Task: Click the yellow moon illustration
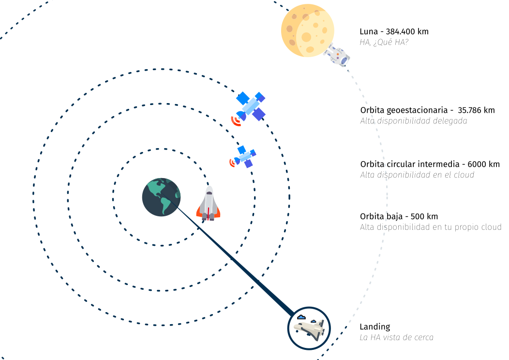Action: click(x=308, y=30)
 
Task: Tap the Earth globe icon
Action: click(x=161, y=197)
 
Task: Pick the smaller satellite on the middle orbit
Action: click(x=245, y=156)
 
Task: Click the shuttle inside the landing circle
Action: click(x=309, y=330)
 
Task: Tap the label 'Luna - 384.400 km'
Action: click(x=394, y=32)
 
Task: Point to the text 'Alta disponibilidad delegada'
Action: click(x=414, y=121)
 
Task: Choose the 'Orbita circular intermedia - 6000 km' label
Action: click(x=430, y=165)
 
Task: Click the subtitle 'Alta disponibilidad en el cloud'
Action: click(x=417, y=175)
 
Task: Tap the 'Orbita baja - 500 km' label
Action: click(x=399, y=216)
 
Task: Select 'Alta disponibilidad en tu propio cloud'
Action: click(x=431, y=227)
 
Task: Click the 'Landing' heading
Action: click(x=374, y=327)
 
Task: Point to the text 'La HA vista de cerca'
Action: click(x=396, y=338)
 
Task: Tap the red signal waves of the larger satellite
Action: click(x=236, y=121)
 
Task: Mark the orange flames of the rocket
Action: click(x=208, y=213)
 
